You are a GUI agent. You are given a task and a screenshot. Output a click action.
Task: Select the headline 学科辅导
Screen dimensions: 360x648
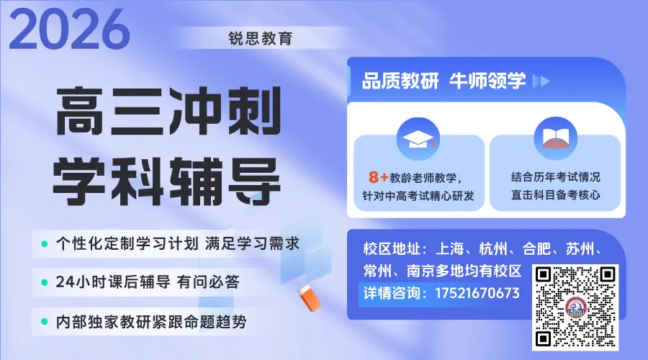(166, 176)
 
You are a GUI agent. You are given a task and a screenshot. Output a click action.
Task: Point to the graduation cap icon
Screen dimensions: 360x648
(418, 139)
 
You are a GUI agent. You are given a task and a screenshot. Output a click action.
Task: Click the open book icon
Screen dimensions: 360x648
(555, 139)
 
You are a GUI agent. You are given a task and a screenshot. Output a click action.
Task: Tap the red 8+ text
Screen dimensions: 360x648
(378, 176)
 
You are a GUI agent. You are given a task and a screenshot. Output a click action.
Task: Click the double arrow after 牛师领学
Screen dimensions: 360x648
(541, 81)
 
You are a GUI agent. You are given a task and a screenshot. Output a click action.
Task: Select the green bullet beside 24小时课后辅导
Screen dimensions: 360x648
(45, 282)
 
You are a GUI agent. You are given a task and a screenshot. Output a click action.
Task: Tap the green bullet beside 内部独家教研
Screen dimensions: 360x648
(45, 321)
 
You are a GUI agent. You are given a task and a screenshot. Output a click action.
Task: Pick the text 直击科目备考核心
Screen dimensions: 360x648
(555, 195)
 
